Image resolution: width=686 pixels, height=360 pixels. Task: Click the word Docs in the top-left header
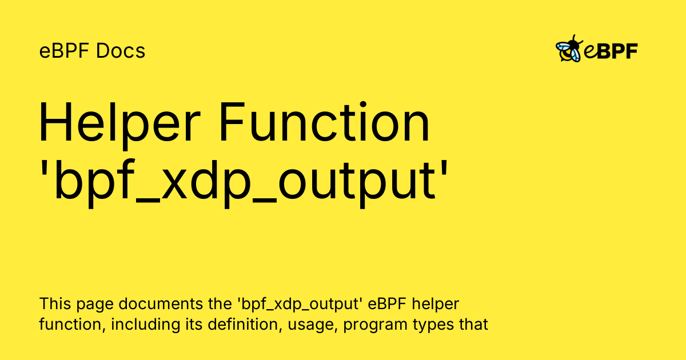(121, 50)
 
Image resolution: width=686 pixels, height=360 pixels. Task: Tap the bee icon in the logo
(569, 49)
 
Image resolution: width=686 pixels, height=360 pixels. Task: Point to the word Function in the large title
(325, 122)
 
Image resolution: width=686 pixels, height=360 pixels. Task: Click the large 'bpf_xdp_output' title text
(244, 183)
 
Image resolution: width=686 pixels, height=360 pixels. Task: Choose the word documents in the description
(161, 303)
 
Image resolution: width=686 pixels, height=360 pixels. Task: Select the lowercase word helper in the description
(435, 303)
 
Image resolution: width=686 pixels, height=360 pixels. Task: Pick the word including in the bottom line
(145, 324)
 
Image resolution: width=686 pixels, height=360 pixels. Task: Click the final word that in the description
(473, 324)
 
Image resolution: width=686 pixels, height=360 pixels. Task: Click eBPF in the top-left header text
(65, 50)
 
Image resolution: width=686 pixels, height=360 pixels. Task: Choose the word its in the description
(194, 324)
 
